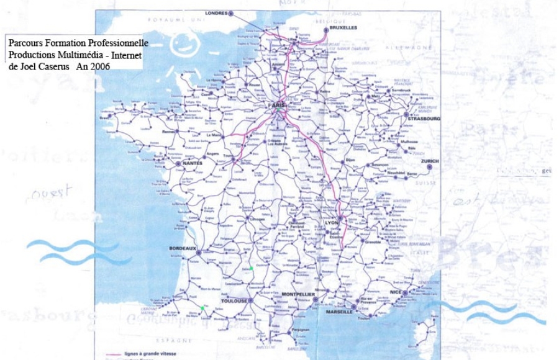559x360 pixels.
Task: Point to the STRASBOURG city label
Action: (x=425, y=118)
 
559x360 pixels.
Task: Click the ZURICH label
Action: (x=429, y=161)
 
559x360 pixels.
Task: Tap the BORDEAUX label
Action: (x=182, y=248)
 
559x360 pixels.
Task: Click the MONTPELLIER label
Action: (x=299, y=294)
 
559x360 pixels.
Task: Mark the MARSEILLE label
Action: (x=339, y=312)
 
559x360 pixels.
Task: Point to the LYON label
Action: (x=330, y=222)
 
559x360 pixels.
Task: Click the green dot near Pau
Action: (x=202, y=307)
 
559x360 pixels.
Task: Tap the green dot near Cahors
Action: (x=251, y=269)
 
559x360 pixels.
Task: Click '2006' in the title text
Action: (x=100, y=66)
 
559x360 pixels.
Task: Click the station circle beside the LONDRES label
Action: (x=231, y=12)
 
